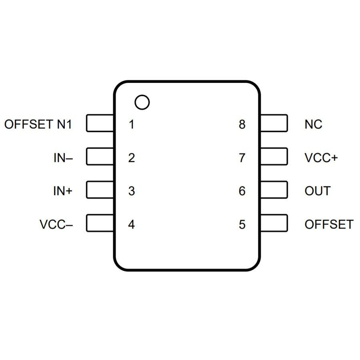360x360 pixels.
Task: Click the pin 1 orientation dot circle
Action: click(x=142, y=102)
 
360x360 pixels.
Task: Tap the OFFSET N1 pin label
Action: click(x=38, y=124)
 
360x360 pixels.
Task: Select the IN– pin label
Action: click(x=63, y=158)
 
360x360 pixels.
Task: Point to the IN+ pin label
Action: click(x=63, y=191)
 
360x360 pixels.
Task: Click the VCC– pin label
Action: click(x=56, y=224)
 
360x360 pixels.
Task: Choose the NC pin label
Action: click(x=313, y=124)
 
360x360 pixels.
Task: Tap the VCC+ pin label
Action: click(x=321, y=158)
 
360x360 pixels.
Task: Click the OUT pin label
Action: click(x=318, y=191)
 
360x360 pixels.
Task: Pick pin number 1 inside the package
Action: click(x=132, y=124)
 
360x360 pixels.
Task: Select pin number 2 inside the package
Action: click(x=132, y=158)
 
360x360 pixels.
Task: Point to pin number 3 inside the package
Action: click(x=132, y=191)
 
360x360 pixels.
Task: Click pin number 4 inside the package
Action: click(x=132, y=224)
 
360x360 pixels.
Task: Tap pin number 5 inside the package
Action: click(x=242, y=224)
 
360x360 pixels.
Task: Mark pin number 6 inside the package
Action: click(x=242, y=191)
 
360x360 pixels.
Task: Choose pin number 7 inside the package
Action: click(x=242, y=158)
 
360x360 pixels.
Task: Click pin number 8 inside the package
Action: click(x=242, y=124)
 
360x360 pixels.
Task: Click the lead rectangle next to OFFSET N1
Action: click(x=100, y=123)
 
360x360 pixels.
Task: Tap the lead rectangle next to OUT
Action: click(x=274, y=190)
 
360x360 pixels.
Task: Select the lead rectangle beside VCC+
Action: click(x=274, y=156)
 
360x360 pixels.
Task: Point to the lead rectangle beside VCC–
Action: click(x=100, y=223)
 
